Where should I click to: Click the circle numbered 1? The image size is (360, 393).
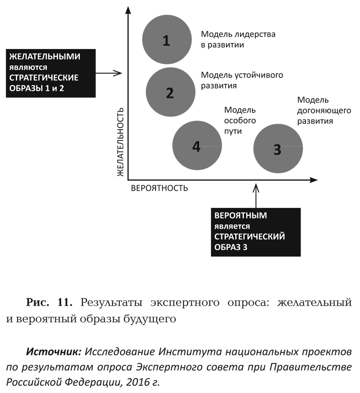point(166,40)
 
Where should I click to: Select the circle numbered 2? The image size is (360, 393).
point(171,92)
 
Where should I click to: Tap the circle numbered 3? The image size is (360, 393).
point(278,148)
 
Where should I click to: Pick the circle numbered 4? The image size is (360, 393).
point(197,145)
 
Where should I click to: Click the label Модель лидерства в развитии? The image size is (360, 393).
point(238,39)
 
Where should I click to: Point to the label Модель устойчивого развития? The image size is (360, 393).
point(242,80)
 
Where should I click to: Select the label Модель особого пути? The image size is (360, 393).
point(240,121)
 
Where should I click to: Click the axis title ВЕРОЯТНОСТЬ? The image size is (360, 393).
point(159,188)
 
